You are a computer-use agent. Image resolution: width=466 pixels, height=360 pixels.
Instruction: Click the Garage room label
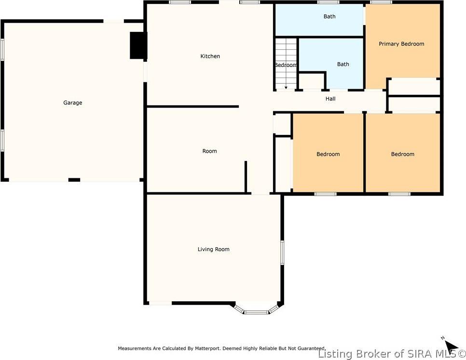(73, 103)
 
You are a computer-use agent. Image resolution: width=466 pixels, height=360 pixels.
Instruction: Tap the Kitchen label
(210, 56)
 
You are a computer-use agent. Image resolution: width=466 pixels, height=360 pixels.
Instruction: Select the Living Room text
(213, 249)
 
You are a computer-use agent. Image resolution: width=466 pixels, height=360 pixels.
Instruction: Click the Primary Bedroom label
(401, 44)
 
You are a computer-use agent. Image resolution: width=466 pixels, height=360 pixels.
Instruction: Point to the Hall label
(330, 99)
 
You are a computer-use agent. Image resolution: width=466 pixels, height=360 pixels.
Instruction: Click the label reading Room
(209, 151)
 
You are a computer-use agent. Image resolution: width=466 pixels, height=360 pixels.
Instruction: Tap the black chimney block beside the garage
(138, 46)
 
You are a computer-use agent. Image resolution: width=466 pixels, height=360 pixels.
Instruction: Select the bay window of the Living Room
(257, 310)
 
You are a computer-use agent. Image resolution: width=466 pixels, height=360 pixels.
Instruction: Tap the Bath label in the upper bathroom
(329, 16)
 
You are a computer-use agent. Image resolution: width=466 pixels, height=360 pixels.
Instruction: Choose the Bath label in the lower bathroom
(343, 64)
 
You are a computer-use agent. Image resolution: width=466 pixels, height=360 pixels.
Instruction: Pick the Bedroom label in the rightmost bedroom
(402, 154)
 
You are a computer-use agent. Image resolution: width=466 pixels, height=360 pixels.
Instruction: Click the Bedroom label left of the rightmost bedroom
(328, 154)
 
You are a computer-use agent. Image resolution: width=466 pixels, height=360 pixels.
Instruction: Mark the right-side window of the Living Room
(282, 252)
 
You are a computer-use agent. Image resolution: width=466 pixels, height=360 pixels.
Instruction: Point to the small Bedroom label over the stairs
(286, 65)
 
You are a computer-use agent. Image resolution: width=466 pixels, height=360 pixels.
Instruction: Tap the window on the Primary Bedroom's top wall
(381, 2)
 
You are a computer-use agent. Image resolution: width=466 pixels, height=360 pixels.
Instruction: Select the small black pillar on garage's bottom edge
(74, 180)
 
